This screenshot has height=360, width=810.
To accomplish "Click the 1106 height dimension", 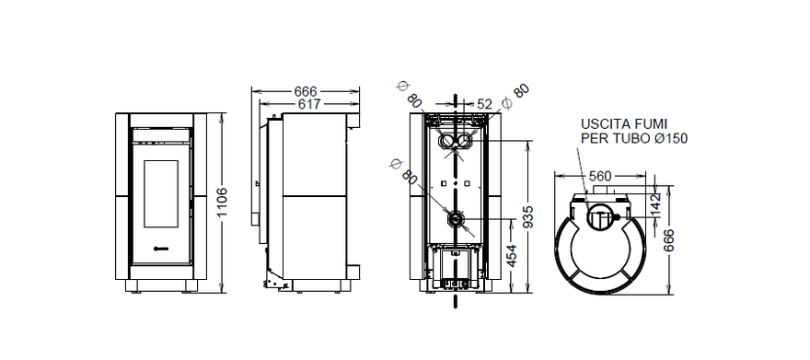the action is pos(221,203).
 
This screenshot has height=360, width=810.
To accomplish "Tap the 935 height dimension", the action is pos(526,217).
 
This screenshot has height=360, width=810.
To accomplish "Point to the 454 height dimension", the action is pos(511,256).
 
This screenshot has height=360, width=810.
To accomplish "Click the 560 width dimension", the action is pos(600,177).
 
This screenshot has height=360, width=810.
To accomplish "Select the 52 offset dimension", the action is pos(484,104).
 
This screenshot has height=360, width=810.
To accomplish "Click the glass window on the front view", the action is pos(161,193).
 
